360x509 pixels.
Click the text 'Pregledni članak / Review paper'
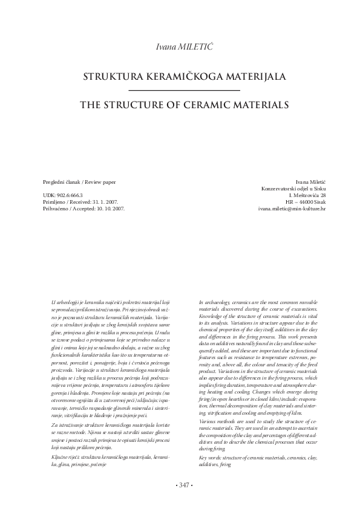tap(79, 181)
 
